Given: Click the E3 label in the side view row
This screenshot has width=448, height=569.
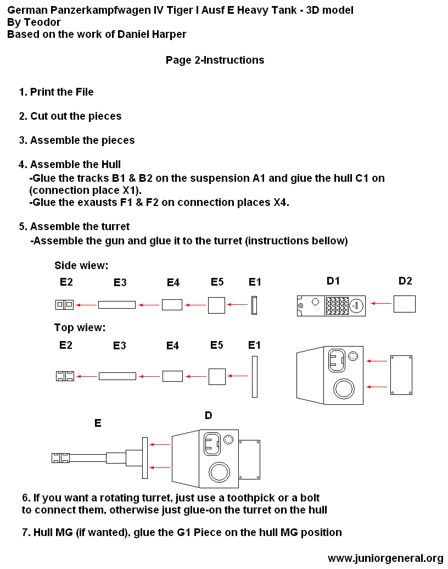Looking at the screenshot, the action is (x=120, y=282).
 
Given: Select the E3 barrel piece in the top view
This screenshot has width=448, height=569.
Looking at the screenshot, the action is (x=117, y=376).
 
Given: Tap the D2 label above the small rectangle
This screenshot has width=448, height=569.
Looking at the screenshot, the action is (x=405, y=281).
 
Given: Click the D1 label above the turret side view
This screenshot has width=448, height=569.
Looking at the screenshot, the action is (x=333, y=281).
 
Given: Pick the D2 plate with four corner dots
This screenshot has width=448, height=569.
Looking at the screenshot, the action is (x=401, y=375).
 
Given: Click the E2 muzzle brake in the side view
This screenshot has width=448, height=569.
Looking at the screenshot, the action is (x=65, y=305).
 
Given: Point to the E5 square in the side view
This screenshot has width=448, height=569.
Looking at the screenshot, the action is (x=216, y=305).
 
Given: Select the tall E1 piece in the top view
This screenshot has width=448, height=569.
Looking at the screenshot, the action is (x=255, y=376).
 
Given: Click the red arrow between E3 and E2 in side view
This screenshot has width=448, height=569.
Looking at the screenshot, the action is (x=86, y=305).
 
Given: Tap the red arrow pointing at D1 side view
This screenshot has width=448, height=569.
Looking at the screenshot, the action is (x=381, y=303).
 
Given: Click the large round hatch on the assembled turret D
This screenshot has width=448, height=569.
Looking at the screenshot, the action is (x=219, y=472).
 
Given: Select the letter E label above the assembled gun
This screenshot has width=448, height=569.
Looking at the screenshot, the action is (x=98, y=423).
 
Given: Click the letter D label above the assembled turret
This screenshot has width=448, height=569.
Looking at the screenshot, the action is (x=208, y=416).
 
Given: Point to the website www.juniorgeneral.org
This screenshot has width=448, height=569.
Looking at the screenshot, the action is (x=385, y=558).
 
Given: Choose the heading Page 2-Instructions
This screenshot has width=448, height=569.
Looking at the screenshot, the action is (x=215, y=60).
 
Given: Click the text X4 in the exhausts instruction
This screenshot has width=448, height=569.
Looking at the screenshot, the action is (x=281, y=203).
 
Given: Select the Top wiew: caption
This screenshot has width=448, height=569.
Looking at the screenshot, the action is (x=80, y=328).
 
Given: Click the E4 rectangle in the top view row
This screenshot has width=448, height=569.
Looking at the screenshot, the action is (x=173, y=376).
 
